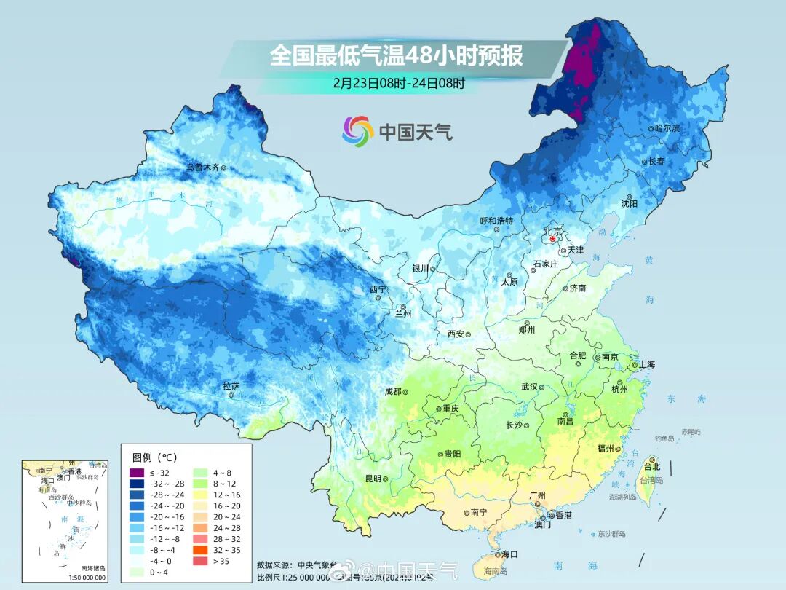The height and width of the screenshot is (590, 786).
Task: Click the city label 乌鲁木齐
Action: pyautogui.click(x=202, y=168)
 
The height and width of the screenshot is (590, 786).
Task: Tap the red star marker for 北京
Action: pyautogui.click(x=553, y=239)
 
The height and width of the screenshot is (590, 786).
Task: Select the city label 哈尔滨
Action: pyautogui.click(x=666, y=128)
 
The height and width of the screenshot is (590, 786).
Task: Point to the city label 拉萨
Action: pyautogui.click(x=231, y=385)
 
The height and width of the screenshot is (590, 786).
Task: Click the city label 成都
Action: pyautogui.click(x=392, y=391)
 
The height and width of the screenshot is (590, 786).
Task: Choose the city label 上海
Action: pyautogui.click(x=648, y=365)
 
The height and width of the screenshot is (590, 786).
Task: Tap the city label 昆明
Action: pyautogui.click(x=373, y=479)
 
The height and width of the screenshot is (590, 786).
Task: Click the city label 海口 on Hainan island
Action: pyautogui.click(x=509, y=554)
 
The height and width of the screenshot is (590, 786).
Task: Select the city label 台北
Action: pyautogui.click(x=651, y=466)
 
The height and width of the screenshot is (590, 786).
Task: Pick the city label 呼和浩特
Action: pyautogui.click(x=496, y=220)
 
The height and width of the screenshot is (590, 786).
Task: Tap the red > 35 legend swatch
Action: pyautogui.click(x=198, y=562)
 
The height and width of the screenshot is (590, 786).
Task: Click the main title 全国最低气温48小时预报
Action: pyautogui.click(x=397, y=55)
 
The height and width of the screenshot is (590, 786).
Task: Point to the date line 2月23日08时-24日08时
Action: pyautogui.click(x=399, y=83)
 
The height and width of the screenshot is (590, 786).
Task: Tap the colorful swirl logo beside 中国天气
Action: pyautogui.click(x=357, y=130)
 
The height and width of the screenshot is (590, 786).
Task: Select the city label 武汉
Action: pyautogui.click(x=529, y=387)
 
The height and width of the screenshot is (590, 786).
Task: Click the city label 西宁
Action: pyautogui.click(x=378, y=289)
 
